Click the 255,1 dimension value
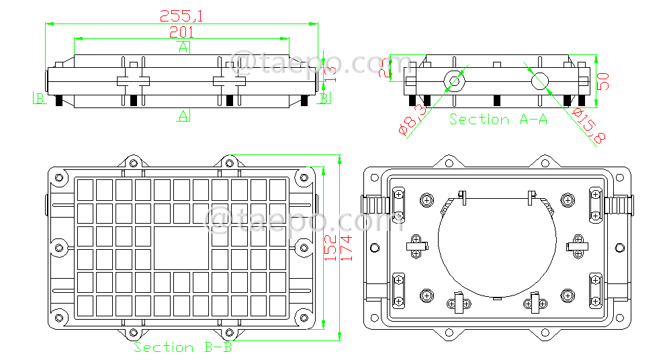click(x=181, y=15)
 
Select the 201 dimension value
click(x=181, y=32)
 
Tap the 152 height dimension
click(x=330, y=246)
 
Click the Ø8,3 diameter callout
click(x=412, y=120)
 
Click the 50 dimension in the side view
click(x=602, y=81)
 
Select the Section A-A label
click(x=498, y=120)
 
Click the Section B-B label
click(x=182, y=347)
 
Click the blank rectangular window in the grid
click(x=181, y=248)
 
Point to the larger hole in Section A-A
click(x=540, y=82)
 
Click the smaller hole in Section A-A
click(x=454, y=81)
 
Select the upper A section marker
click(x=183, y=46)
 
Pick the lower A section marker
click(x=183, y=116)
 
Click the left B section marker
click(x=39, y=99)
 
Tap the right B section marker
click(x=324, y=99)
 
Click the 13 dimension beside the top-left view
click(x=329, y=71)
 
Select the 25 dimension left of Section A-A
click(x=384, y=68)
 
